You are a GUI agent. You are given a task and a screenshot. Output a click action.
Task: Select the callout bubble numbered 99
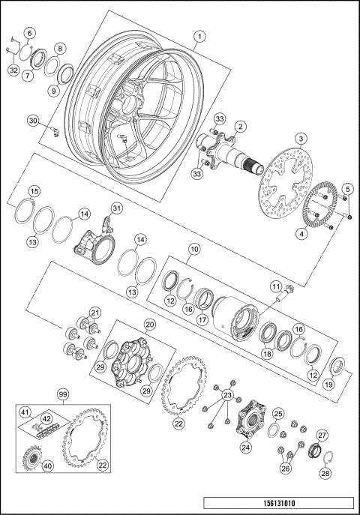64,393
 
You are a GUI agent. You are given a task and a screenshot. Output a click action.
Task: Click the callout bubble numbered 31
115,208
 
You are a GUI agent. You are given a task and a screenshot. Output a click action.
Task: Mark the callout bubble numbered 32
13,70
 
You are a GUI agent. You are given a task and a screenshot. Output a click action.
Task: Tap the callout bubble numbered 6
29,33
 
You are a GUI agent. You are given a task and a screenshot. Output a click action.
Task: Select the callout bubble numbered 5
346,187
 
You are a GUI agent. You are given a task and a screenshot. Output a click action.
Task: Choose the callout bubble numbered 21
94,313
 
